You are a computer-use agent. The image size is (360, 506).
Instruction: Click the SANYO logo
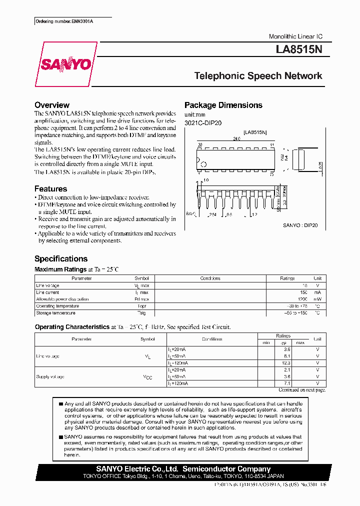(x=65, y=64)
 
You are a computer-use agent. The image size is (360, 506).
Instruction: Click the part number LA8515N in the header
(x=299, y=50)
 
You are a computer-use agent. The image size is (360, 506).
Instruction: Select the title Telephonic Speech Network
(x=258, y=76)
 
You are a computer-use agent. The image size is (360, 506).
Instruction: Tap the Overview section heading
(x=52, y=105)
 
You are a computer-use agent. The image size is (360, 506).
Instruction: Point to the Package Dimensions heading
(x=223, y=105)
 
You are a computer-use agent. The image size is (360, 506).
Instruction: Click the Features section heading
(x=50, y=189)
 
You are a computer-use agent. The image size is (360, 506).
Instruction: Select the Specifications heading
(x=61, y=258)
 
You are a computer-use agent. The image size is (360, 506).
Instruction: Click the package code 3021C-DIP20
(x=203, y=123)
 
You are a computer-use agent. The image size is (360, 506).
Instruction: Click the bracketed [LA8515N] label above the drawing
(x=255, y=132)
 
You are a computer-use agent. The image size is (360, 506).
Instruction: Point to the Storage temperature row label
(x=55, y=313)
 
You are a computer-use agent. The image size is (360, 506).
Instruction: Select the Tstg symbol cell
(x=141, y=313)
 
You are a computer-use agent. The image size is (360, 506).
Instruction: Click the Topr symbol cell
(x=141, y=306)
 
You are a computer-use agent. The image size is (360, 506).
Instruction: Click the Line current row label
(x=47, y=292)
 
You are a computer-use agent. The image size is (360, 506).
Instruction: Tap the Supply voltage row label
(x=50, y=376)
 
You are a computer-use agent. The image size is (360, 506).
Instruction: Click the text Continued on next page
(x=301, y=390)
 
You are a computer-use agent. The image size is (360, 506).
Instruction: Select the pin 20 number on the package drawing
(x=199, y=145)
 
